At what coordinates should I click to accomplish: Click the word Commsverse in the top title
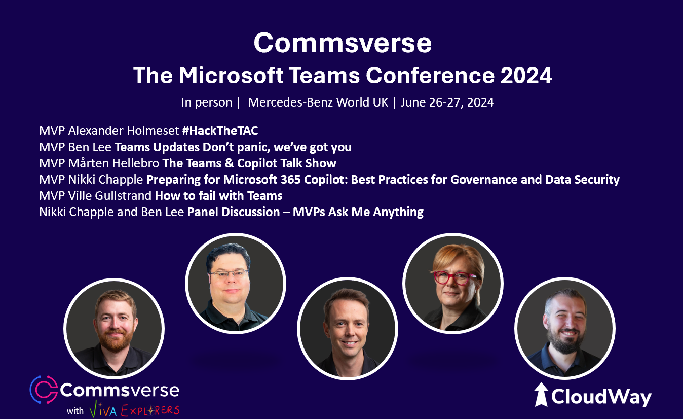(x=343, y=43)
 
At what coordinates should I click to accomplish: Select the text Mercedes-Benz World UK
(x=318, y=102)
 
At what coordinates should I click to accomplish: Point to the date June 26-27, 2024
(x=447, y=102)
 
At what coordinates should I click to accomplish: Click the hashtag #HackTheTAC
(x=220, y=131)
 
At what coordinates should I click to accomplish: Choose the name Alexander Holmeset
(x=124, y=131)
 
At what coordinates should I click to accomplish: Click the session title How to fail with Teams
(x=218, y=195)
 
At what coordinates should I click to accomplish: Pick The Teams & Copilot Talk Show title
(x=249, y=163)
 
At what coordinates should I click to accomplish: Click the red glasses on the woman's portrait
(x=454, y=278)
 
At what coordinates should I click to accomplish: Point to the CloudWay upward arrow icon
(x=541, y=395)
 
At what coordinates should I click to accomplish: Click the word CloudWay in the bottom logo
(x=601, y=396)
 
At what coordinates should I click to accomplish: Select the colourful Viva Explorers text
(x=134, y=410)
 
